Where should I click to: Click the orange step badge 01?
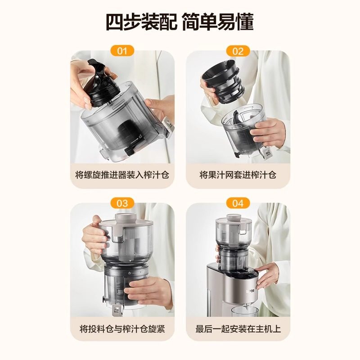click(x=122, y=50)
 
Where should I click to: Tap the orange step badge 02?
click(x=238, y=50)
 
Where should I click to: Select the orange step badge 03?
click(x=122, y=203)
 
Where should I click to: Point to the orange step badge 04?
click(x=238, y=203)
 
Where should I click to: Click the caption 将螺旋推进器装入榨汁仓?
click(x=122, y=175)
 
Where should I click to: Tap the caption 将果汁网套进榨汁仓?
click(x=238, y=175)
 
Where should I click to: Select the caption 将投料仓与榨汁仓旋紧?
click(x=122, y=328)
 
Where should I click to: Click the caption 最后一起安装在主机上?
click(x=238, y=328)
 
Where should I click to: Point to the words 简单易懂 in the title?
click(x=219, y=22)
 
